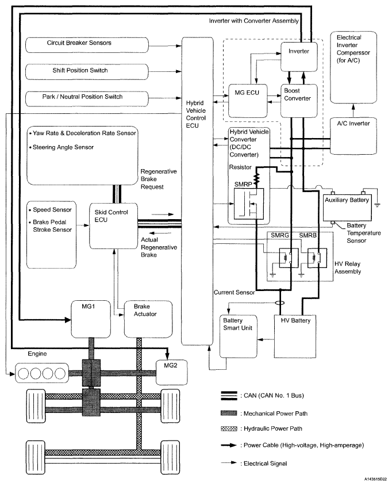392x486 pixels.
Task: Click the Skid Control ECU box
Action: [x=113, y=224]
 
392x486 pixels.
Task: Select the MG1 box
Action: [x=89, y=317]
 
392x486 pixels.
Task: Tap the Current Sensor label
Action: [x=231, y=293]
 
